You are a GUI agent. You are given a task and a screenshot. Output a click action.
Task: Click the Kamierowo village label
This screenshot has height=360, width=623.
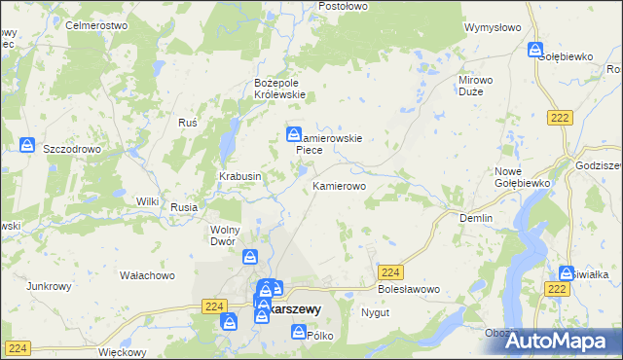click(339, 185)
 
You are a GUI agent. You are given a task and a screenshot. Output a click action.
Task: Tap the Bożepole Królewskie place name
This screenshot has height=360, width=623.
click(279, 89)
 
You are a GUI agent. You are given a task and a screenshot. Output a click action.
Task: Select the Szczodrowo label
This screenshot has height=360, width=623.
click(73, 149)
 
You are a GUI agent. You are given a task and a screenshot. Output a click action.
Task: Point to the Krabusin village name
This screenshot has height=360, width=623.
click(238, 176)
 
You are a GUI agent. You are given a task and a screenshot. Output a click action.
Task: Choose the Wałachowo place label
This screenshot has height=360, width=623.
click(146, 275)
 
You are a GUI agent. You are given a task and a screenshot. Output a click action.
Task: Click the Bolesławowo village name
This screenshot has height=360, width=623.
click(409, 290)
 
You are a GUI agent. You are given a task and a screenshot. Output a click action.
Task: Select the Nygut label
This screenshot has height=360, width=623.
click(375, 313)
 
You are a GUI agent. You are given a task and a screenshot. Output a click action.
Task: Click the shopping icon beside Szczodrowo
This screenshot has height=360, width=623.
click(28, 145)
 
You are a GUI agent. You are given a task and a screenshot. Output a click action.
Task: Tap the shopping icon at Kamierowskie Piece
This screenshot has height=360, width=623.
click(293, 134)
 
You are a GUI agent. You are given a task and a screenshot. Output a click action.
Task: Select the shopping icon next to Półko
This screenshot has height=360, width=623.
click(298, 333)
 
